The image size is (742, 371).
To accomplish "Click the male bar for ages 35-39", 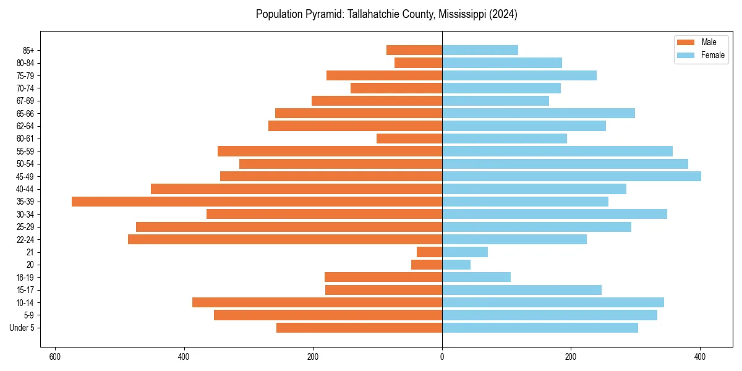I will (257, 202).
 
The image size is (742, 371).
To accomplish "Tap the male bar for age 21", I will (429, 252).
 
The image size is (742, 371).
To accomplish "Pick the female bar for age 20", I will (456, 265).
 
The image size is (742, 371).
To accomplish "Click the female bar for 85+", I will (480, 50).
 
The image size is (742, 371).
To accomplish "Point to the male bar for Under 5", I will (359, 328).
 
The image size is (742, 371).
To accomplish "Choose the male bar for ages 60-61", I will (409, 139).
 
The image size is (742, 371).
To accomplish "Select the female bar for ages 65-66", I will (539, 113).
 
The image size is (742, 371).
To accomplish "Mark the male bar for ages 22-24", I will (285, 239).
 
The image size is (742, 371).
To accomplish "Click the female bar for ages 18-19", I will (476, 277).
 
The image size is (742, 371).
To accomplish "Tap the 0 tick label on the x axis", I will (442, 357).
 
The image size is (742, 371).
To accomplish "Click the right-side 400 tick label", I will (700, 357).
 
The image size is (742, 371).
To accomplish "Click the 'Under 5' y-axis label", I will (22, 328).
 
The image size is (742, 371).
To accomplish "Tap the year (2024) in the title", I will (501, 14).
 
